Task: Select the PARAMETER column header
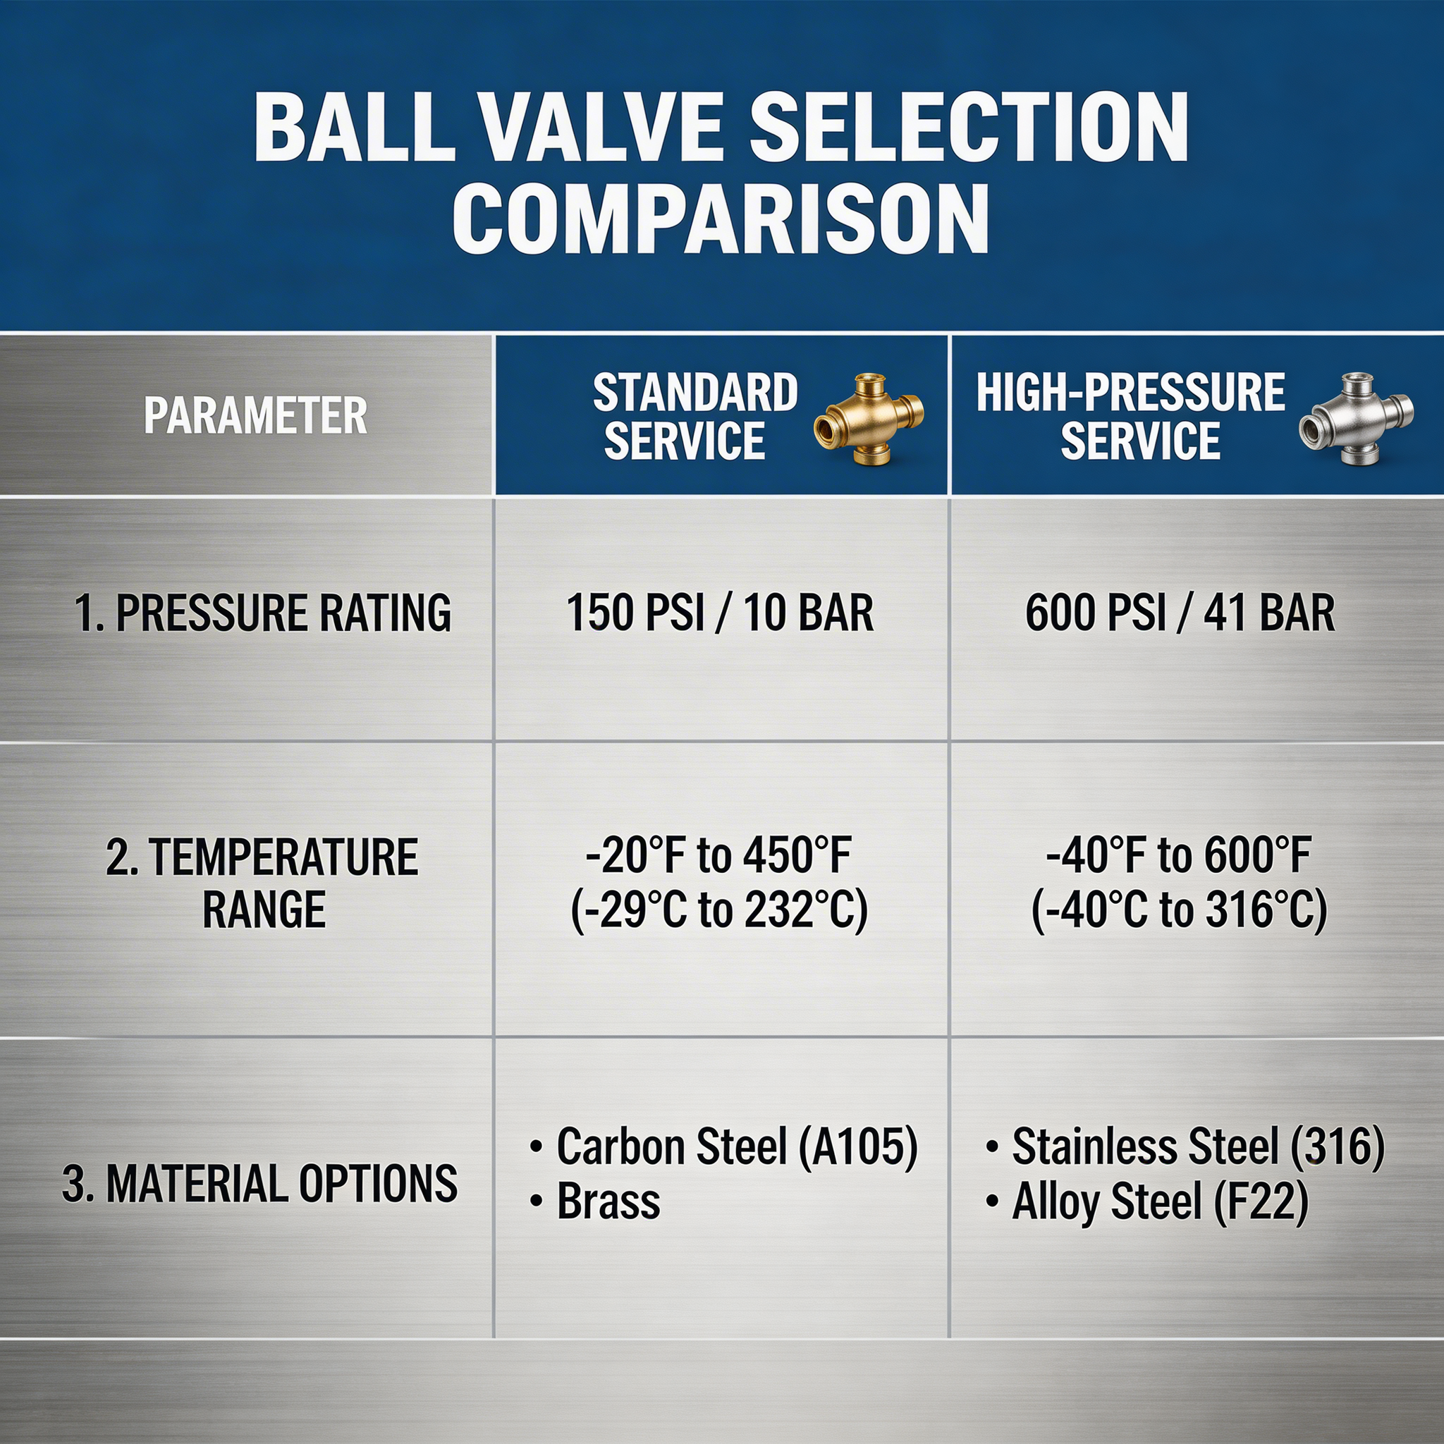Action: click(x=256, y=416)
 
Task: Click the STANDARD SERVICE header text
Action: click(x=695, y=416)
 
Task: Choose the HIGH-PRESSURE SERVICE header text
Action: click(x=1130, y=416)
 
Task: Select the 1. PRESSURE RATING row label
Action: click(x=263, y=613)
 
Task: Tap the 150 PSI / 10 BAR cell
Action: click(x=720, y=613)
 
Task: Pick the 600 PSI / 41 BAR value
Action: click(x=1180, y=613)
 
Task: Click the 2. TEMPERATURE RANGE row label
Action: click(x=262, y=883)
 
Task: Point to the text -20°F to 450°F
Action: click(x=718, y=857)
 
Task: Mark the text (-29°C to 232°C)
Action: click(x=719, y=910)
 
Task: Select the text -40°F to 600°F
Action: click(x=1179, y=857)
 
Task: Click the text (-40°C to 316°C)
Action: click(x=1179, y=910)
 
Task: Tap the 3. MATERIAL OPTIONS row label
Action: click(x=259, y=1184)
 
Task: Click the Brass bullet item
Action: click(x=608, y=1202)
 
